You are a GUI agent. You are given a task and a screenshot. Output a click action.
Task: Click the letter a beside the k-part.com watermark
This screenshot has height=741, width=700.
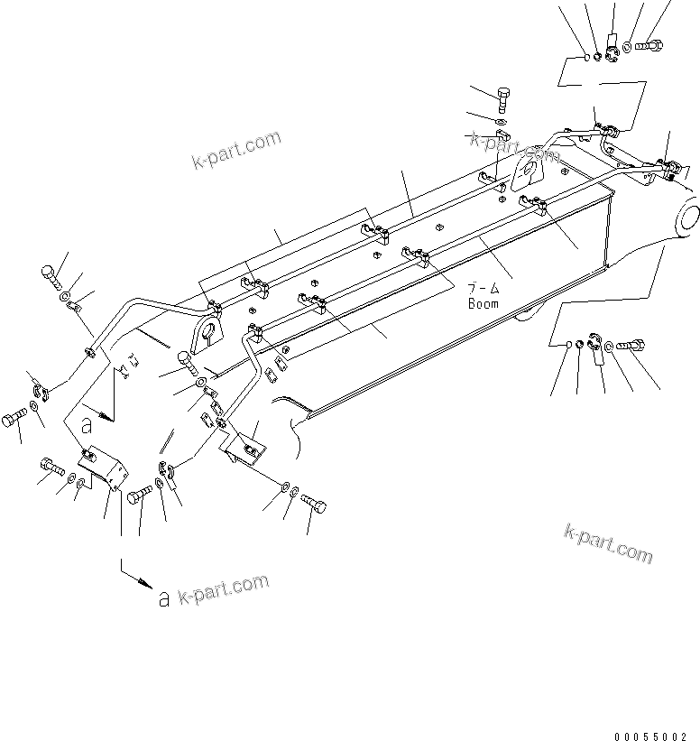click(x=163, y=597)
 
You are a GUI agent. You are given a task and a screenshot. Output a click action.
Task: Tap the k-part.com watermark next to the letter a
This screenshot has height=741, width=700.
click(x=222, y=591)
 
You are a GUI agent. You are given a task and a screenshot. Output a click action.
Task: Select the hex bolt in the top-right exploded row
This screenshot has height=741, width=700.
click(x=649, y=42)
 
